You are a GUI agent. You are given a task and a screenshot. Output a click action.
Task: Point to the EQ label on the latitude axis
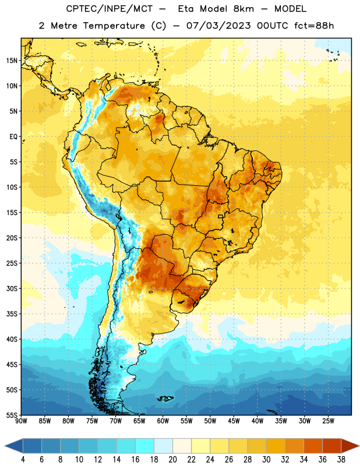click(x=13, y=137)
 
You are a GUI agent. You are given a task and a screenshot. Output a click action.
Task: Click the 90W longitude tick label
click(x=21, y=421)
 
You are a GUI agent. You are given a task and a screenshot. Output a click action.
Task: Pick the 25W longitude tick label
click(x=328, y=421)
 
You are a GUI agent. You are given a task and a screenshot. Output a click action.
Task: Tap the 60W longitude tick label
click(x=163, y=421)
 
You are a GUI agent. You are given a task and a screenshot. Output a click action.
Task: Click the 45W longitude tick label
click(x=234, y=421)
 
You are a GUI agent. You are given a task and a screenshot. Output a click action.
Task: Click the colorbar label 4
click(x=23, y=460)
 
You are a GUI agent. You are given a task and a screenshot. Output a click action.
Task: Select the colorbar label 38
click(x=341, y=460)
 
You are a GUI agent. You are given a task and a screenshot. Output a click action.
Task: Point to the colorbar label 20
click(x=172, y=460)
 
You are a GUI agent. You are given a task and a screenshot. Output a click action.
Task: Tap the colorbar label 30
click(x=266, y=460)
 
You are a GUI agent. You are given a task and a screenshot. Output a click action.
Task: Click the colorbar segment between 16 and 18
click(x=145, y=446)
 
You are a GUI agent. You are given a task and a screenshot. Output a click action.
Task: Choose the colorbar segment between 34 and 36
click(x=313, y=446)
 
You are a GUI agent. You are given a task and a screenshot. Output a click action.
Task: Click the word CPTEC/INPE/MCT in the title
click(x=110, y=9)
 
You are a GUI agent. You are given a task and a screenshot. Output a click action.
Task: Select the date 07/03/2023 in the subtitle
click(x=218, y=26)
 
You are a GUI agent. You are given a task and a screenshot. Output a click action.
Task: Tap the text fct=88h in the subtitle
click(x=314, y=26)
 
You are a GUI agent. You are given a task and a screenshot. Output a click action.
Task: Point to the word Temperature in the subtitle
click(x=114, y=26)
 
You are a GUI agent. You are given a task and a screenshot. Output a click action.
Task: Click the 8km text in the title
click(x=243, y=9)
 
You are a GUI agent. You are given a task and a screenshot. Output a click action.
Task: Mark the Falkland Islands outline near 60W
click(x=165, y=398)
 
